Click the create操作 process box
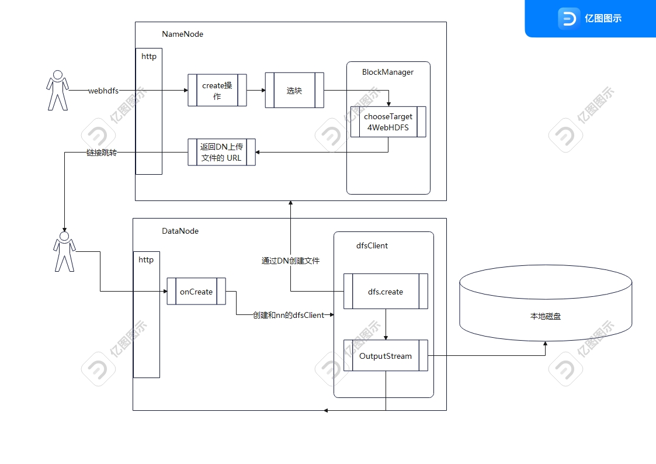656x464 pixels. (x=217, y=90)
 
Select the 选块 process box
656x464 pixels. (x=294, y=91)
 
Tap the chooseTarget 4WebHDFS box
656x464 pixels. (x=388, y=122)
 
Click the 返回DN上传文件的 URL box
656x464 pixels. (x=221, y=152)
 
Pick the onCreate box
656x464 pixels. (x=196, y=292)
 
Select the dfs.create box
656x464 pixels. (x=386, y=292)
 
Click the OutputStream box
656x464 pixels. (x=386, y=356)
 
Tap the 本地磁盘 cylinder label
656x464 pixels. (x=545, y=316)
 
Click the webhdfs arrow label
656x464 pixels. (x=103, y=91)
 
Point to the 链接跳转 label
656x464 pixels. (x=102, y=153)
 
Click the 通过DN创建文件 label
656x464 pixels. (x=290, y=261)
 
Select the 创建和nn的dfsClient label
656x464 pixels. (x=289, y=315)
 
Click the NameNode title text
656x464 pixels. (x=182, y=34)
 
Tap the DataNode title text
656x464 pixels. (x=180, y=231)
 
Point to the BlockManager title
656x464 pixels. (x=388, y=72)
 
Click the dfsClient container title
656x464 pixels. (x=372, y=245)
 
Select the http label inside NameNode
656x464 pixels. (x=149, y=57)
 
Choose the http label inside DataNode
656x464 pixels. (x=146, y=259)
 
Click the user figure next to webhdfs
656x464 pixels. (x=57, y=90)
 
